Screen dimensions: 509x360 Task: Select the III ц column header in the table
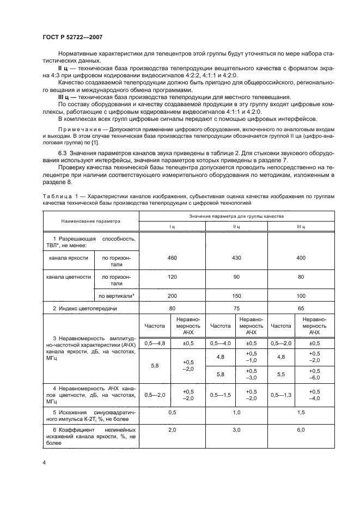point(300,226)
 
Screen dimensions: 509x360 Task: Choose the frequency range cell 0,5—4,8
point(155,344)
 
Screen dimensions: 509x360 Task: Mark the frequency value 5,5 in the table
point(282,375)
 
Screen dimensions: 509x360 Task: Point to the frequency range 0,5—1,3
point(282,394)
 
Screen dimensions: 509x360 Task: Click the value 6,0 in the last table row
point(300,430)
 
